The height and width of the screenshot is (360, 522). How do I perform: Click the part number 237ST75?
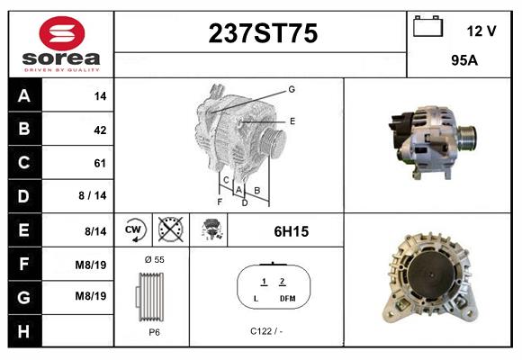(x=263, y=33)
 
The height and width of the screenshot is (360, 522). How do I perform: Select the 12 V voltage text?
(x=481, y=31)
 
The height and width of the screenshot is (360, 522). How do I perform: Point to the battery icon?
(x=427, y=28)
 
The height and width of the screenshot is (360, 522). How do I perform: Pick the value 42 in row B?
(x=99, y=130)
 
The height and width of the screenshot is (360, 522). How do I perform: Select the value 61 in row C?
(x=99, y=163)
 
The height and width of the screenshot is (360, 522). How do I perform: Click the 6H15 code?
(x=291, y=231)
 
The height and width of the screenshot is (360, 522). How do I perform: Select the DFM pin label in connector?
(x=287, y=298)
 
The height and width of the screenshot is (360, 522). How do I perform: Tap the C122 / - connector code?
(x=267, y=331)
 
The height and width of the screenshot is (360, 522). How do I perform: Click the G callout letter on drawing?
(x=292, y=90)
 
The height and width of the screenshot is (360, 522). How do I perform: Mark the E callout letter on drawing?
(x=292, y=120)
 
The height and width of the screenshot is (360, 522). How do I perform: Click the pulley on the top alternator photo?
(x=467, y=137)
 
